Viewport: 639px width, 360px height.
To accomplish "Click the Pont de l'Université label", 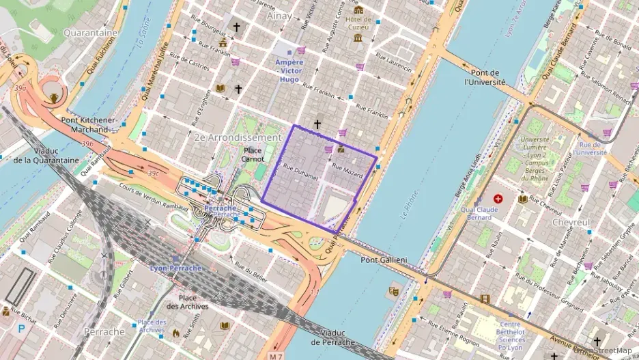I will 485,77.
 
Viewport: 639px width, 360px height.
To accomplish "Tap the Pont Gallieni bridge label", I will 384,260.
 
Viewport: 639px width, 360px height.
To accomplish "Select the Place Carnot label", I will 253,155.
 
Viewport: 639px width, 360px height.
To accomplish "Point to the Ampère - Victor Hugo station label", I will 289,70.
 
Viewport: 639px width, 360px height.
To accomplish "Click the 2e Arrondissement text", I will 238,137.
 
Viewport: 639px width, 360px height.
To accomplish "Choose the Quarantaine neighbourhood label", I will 89,32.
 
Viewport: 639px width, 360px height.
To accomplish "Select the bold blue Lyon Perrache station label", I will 176,268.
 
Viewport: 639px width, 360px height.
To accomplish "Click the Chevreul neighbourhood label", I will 571,223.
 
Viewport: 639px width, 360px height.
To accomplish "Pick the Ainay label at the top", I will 280,15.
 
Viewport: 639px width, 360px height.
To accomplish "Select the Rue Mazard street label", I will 347,171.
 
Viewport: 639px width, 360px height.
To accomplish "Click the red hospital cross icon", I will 498,198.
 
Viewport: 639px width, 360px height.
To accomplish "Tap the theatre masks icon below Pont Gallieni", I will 393,291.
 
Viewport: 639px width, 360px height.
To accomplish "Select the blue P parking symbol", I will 21,328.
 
